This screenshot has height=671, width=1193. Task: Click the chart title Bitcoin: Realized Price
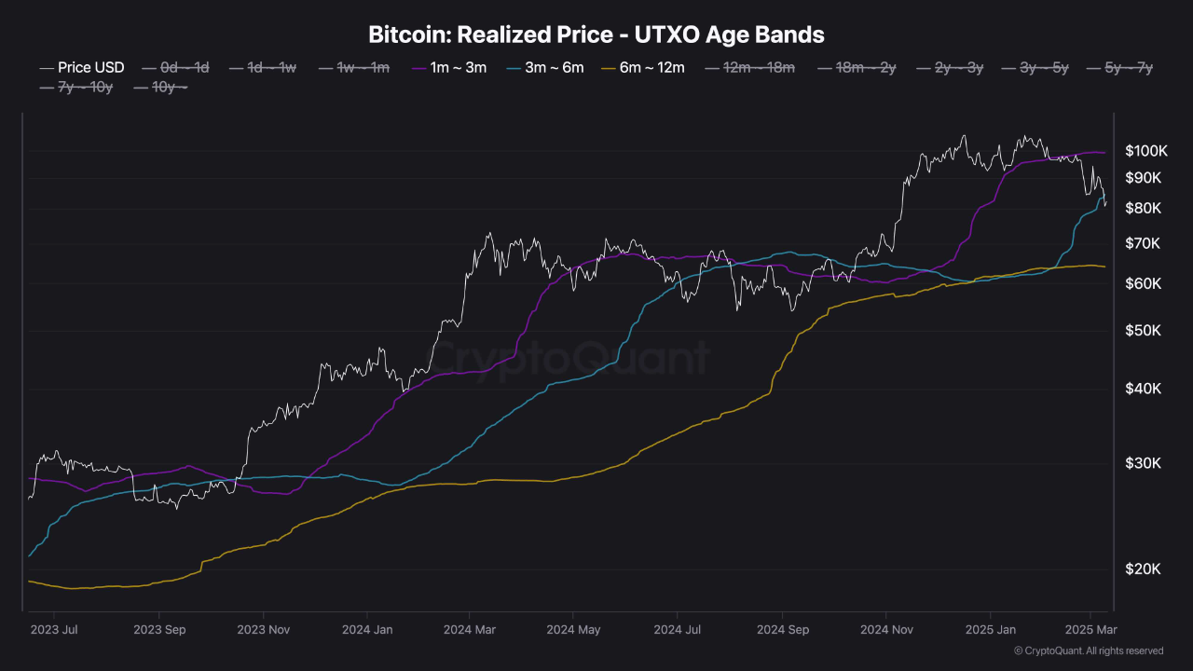[x=596, y=35]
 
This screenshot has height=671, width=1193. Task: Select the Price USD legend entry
[x=90, y=67]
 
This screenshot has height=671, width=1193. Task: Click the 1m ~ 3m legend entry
[x=458, y=67]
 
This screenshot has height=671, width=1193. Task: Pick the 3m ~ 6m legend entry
[x=555, y=67]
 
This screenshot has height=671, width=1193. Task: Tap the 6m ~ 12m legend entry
[x=651, y=67]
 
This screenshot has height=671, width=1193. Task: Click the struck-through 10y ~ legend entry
[x=170, y=88]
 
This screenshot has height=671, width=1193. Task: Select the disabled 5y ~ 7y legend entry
[x=1129, y=67]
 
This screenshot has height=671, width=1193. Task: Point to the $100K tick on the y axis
[x=1145, y=151]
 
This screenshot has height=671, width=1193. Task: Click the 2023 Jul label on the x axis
[x=54, y=630]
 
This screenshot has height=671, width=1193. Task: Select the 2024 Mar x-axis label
[x=471, y=630]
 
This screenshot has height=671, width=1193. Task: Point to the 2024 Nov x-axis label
[x=887, y=630]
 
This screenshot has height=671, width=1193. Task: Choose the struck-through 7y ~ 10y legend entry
[x=87, y=88]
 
